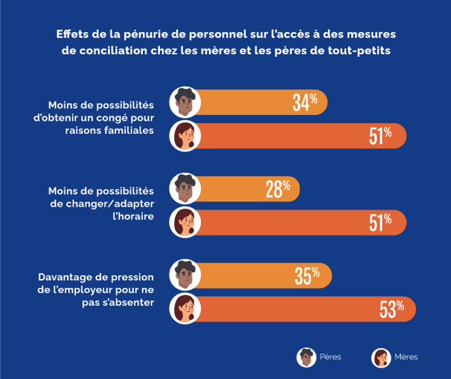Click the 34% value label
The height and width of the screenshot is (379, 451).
tap(305, 103)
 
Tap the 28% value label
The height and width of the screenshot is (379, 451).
tap(278, 189)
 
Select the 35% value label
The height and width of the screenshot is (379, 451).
tap(307, 276)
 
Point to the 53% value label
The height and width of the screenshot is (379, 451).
tap(392, 309)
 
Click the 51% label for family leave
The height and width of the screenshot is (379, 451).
tap(380, 135)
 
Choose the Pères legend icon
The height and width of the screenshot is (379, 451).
tap(305, 357)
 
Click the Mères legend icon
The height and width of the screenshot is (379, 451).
tap(381, 357)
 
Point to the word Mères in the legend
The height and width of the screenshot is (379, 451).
tap(406, 357)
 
